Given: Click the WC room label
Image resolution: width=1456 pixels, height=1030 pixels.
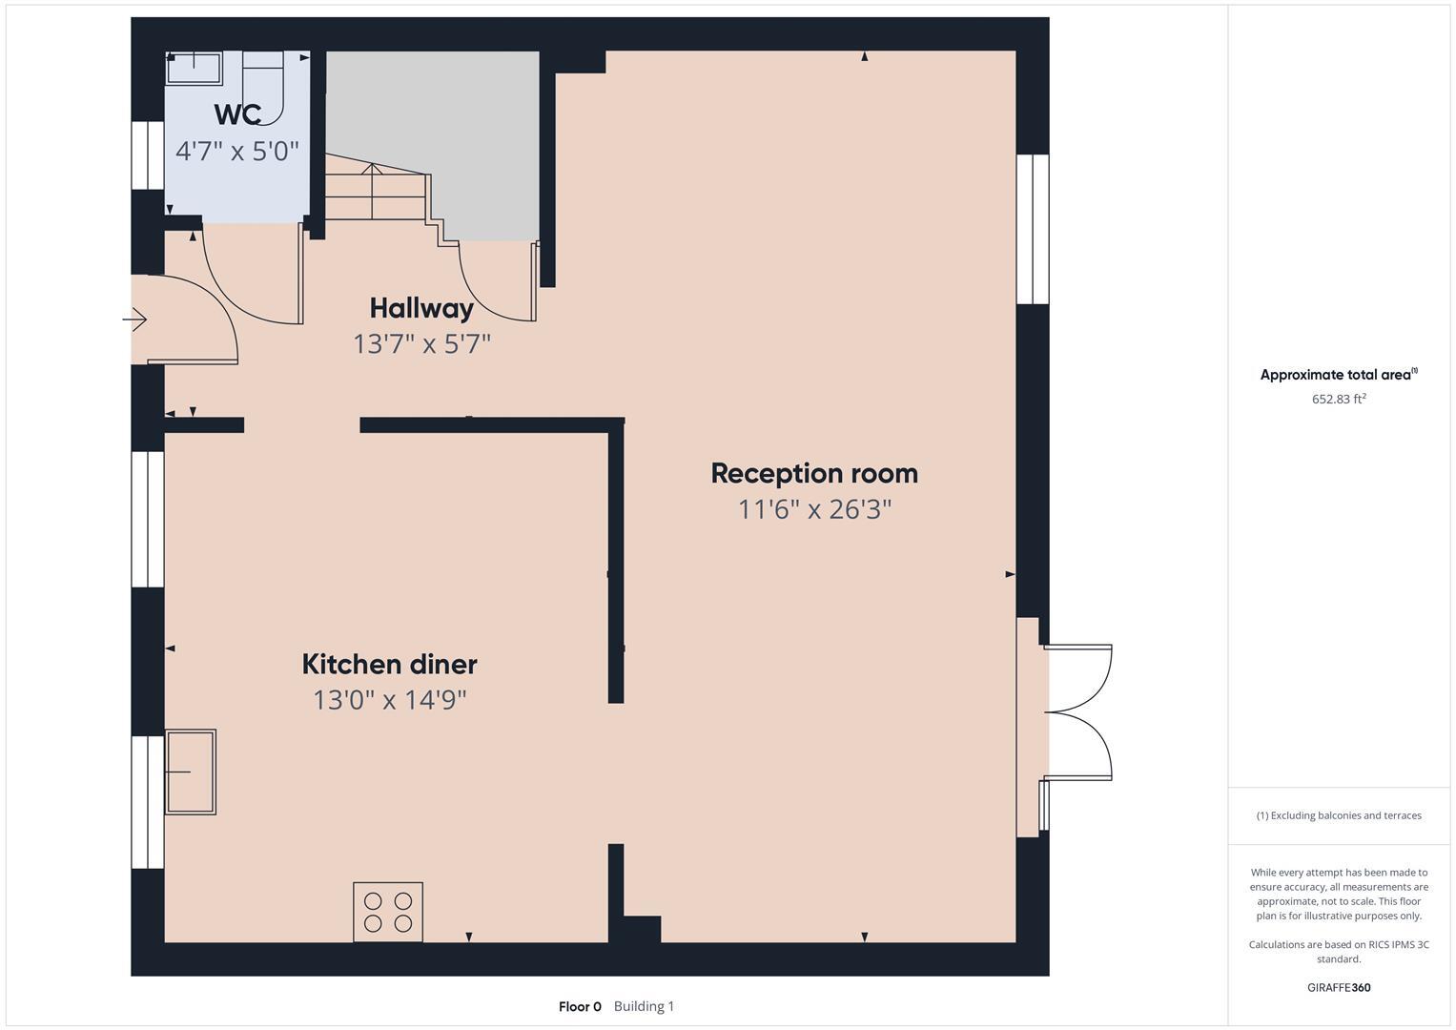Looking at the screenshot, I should tap(237, 114).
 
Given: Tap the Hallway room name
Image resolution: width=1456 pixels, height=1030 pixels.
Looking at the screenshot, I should tap(421, 308).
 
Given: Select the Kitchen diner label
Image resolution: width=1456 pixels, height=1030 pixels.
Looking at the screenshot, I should tap(389, 664).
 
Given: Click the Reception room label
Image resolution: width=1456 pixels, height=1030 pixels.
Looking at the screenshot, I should tap(814, 473).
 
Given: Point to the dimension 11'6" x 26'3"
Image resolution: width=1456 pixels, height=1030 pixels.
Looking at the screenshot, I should tap(814, 509).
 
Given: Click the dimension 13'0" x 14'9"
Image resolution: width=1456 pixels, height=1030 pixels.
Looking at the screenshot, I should tap(389, 700).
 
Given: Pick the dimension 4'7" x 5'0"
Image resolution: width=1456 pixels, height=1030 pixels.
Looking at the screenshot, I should tap(237, 151).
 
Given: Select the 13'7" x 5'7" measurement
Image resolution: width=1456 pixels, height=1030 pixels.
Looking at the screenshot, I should tap(421, 343).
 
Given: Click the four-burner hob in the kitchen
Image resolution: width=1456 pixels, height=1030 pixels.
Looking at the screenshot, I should tap(388, 912).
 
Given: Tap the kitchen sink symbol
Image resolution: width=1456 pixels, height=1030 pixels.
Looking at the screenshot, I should tap(191, 772).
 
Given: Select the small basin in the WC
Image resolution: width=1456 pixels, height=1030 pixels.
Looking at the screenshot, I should tap(195, 68).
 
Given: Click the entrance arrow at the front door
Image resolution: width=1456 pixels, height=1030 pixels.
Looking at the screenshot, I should tap(136, 319).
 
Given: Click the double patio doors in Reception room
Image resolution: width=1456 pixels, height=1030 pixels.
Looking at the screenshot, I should tap(1078, 711).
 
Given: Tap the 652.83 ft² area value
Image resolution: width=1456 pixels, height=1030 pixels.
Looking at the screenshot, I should tap(1339, 400).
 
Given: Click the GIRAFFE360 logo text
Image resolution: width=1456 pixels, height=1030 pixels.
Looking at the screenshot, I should tap(1339, 987).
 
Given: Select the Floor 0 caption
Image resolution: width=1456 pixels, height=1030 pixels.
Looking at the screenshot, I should tap(580, 1006).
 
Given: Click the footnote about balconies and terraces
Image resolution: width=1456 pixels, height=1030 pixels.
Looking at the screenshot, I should tap(1339, 815).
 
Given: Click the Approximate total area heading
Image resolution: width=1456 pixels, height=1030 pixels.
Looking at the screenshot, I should tap(1337, 375).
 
